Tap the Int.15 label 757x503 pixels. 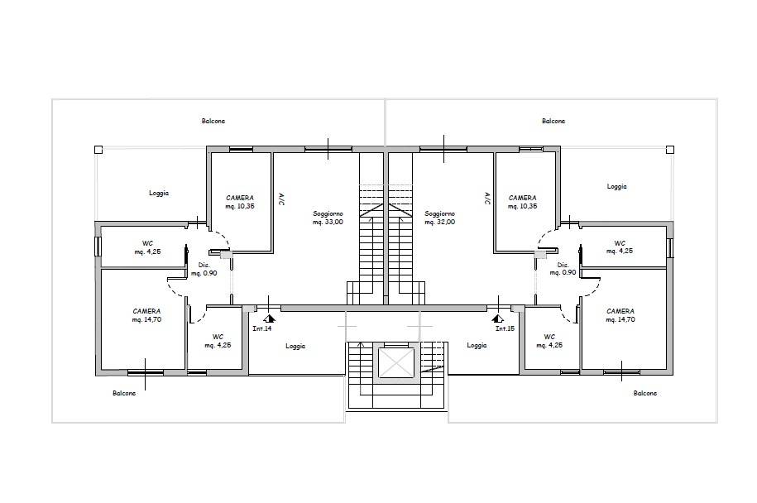[505, 328]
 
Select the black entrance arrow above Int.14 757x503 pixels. [269, 317]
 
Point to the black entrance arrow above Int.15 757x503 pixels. [497, 317]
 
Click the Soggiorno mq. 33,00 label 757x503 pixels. [328, 218]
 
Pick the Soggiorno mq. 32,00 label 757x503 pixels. [440, 218]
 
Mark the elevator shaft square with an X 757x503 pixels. [395, 363]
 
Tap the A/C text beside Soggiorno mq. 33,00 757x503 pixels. [281, 199]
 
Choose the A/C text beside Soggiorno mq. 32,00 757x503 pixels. [487, 199]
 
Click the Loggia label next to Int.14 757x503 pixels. [295, 346]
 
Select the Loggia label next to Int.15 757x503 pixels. [477, 346]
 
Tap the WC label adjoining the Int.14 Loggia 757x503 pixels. [218, 340]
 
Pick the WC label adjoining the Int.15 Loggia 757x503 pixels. [549, 340]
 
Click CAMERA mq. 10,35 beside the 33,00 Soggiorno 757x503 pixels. [240, 202]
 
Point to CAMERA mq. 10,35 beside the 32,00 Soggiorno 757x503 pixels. [523, 202]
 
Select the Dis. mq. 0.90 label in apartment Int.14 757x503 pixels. [204, 269]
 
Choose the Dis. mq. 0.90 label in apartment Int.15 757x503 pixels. [564, 269]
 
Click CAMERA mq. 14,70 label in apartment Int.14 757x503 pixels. [146, 315]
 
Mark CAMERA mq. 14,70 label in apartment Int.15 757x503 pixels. [620, 315]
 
